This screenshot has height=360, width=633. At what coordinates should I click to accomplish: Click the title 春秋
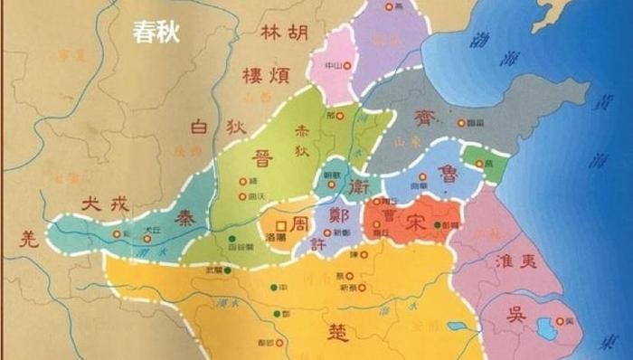[156, 33]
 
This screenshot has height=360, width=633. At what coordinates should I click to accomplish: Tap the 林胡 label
[284, 33]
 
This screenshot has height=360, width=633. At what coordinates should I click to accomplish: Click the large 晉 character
[262, 159]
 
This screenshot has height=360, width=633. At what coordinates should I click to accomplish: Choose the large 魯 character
[446, 172]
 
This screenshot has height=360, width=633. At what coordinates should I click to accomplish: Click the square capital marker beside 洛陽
[280, 224]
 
